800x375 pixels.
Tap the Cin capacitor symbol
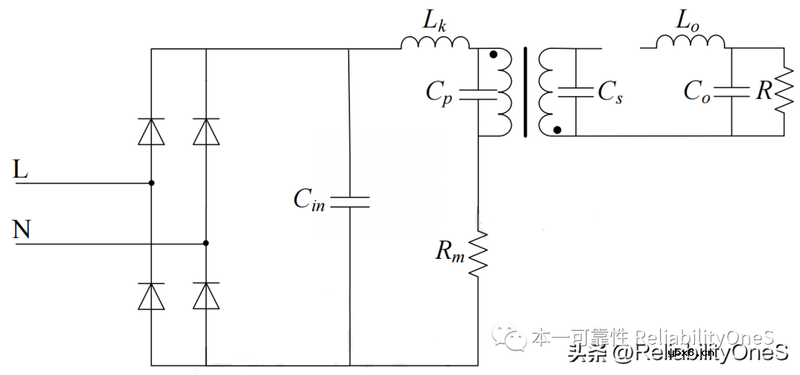pyautogui.click(x=349, y=202)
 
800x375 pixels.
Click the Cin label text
pyautogui.click(x=309, y=199)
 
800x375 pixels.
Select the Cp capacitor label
pyautogui.click(x=439, y=92)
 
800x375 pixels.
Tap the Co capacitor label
pyautogui.click(x=697, y=92)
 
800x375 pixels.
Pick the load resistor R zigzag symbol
pyautogui.click(x=782, y=92)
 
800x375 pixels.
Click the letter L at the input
pyautogui.click(x=21, y=170)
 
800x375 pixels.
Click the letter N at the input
pyautogui.click(x=22, y=230)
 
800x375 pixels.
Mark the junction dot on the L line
pyautogui.click(x=152, y=183)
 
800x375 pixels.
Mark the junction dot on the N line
pyautogui.click(x=206, y=243)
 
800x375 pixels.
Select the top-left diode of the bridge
pyautogui.click(x=152, y=132)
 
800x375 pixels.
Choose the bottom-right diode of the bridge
pyautogui.click(x=206, y=296)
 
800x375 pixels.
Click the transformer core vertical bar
pyautogui.click(x=527, y=92)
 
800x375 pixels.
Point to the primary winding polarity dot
pyautogui.click(x=493, y=55)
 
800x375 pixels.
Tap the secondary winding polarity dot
pyautogui.click(x=557, y=129)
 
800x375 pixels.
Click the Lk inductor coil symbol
pyautogui.click(x=436, y=43)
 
